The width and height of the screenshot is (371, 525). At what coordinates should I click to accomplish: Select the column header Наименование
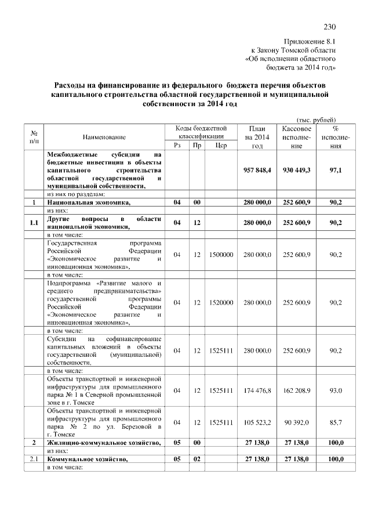(x=104, y=137)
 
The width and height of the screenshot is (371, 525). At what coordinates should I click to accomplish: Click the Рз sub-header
(x=177, y=146)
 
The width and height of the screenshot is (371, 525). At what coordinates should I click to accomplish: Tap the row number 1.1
(x=34, y=223)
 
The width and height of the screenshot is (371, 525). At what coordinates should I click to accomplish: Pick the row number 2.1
(x=34, y=459)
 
